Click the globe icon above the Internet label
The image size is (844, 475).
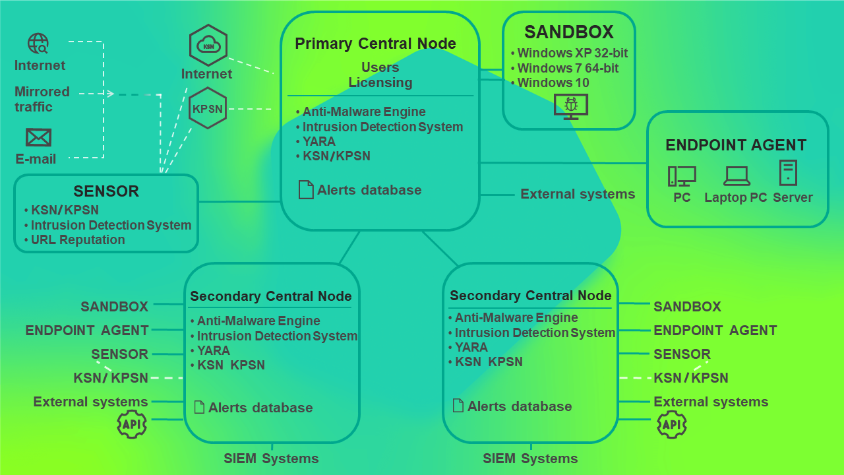[38, 44]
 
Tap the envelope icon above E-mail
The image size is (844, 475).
[38, 137]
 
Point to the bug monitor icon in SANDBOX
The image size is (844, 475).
[570, 106]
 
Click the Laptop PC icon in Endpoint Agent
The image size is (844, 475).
[736, 175]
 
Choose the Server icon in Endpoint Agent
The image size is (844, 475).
[788, 173]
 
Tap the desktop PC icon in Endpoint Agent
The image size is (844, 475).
[682, 176]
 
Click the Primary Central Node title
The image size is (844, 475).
[375, 44]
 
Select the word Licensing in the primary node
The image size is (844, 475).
[380, 82]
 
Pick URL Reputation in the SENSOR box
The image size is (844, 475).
[78, 239]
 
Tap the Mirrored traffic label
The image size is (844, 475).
[42, 99]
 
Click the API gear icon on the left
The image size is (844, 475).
[131, 424]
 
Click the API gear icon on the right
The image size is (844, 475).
[672, 424]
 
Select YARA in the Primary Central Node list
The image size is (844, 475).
[318, 141]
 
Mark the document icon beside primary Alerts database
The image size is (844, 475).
[306, 190]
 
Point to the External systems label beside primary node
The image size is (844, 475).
[578, 194]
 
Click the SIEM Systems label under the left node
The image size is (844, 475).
[271, 459]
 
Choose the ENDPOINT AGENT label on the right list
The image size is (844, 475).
[715, 330]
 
